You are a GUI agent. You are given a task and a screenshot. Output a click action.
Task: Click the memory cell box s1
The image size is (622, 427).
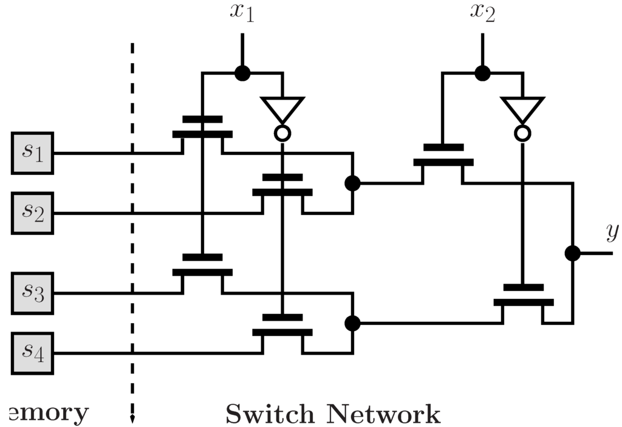[33, 152]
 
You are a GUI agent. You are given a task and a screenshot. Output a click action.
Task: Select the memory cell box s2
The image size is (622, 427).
[33, 213]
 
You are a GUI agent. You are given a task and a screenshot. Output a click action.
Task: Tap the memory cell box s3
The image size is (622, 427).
[33, 293]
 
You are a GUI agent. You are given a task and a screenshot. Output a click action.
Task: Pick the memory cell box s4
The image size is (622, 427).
[33, 353]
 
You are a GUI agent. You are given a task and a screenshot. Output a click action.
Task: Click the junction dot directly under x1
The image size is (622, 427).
[242, 73]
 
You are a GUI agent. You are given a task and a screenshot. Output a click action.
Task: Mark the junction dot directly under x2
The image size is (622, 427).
[483, 73]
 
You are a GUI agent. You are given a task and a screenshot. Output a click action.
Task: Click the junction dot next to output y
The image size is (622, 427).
[572, 253]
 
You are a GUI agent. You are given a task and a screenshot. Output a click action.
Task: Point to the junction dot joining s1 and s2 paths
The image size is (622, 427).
[352, 183]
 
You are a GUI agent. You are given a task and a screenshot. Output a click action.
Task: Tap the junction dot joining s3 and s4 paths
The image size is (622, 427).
[352, 323]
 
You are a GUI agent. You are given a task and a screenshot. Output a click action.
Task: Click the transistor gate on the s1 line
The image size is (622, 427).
[202, 127]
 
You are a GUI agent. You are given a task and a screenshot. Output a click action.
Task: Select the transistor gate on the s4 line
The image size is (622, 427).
[282, 325]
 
